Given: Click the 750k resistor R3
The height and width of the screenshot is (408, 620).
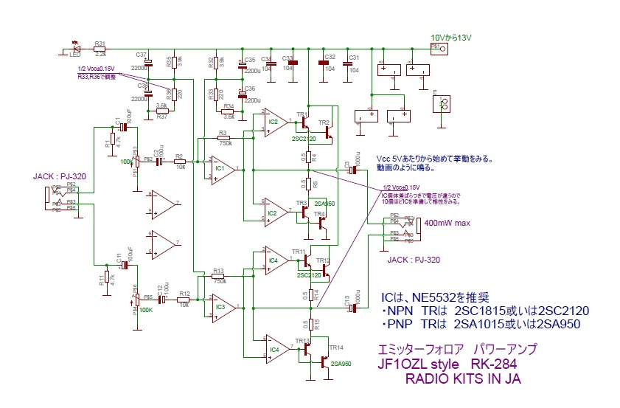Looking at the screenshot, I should click(x=223, y=138).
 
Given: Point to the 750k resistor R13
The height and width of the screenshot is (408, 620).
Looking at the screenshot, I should click(x=217, y=275).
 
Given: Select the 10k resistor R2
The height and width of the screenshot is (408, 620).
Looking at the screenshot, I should click(x=180, y=161).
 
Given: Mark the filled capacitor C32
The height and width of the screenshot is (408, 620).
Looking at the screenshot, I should click(x=322, y=63).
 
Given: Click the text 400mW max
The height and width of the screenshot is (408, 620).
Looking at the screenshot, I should click(x=449, y=223).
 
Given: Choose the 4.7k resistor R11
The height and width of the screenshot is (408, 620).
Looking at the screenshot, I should click(x=107, y=277).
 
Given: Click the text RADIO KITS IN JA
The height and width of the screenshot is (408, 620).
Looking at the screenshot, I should click(x=463, y=379).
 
